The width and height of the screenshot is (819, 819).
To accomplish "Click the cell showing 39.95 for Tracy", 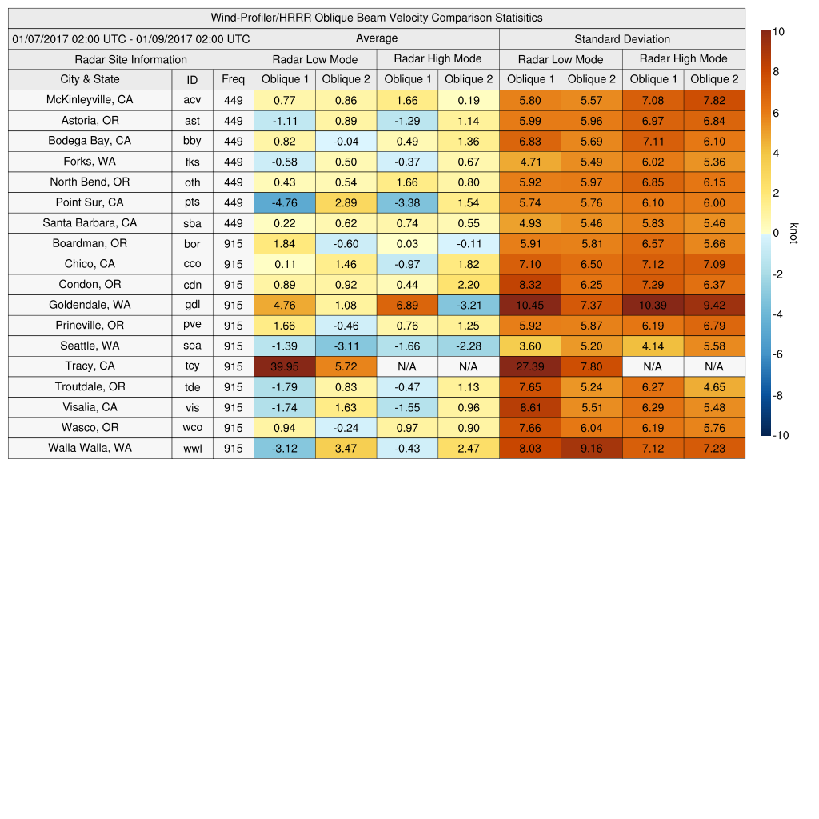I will pos(284,366).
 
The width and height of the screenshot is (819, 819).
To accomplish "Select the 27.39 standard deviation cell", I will pos(529,366).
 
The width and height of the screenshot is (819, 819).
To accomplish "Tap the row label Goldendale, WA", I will pos(90,305).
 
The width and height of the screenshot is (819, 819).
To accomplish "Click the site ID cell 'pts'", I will pos(192,202).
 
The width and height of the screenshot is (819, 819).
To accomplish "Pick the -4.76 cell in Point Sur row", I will pos(284,202).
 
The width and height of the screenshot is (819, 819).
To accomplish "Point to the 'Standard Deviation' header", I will pos(621,39).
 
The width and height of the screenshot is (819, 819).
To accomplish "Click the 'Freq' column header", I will pos(233,79).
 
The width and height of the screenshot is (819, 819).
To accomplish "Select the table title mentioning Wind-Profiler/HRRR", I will pos(376,18).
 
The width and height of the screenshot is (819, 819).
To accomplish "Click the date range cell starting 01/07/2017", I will pos(130,39).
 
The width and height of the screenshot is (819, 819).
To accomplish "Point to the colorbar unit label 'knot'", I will pos(793,233).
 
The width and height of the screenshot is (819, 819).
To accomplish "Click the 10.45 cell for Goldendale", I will pos(529,305).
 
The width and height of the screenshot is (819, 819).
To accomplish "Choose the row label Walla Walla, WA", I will pos(90,448).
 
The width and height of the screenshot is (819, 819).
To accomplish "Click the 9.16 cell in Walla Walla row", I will pos(591,448).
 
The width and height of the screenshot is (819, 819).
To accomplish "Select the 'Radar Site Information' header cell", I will pos(130,59).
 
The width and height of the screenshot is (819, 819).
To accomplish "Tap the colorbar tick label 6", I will pos(776,114).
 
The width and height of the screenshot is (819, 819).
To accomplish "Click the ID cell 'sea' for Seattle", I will pos(192,346).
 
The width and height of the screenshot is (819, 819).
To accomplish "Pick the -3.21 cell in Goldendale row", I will pos(468,305).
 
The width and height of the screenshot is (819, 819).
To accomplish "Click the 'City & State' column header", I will pos(90,79).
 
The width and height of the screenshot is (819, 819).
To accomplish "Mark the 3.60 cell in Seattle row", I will pos(529,346).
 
